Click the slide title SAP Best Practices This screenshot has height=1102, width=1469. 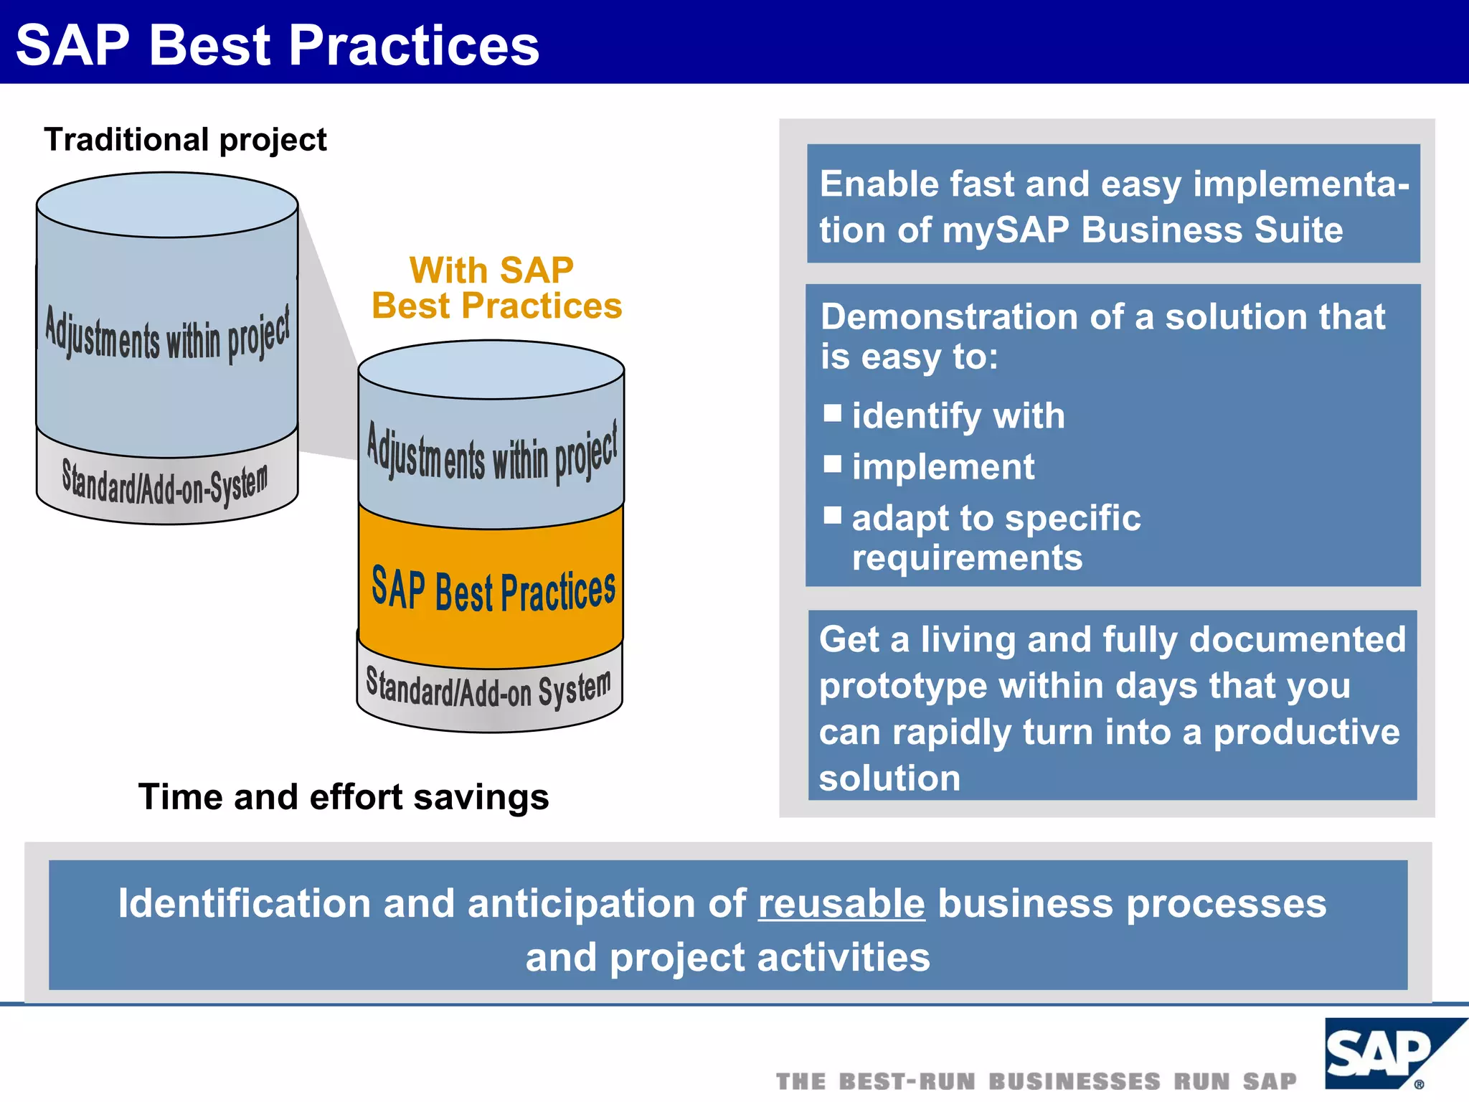[277, 45]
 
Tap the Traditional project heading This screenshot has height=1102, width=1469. [185, 139]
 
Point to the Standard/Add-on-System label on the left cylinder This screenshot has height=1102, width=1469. [165, 484]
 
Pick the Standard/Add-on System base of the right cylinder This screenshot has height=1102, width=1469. [489, 689]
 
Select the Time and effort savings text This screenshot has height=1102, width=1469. [343, 797]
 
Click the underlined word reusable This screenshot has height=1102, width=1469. [841, 903]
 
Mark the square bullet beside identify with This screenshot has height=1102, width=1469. [832, 413]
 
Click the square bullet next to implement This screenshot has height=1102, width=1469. [832, 464]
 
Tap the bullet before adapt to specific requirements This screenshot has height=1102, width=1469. [832, 515]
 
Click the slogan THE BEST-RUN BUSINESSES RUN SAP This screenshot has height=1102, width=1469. [1036, 1080]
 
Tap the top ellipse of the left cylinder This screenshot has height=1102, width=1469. [167, 204]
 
